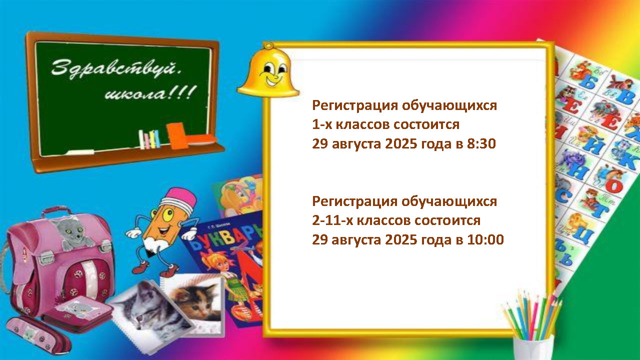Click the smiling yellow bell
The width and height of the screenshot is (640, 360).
point(268,71)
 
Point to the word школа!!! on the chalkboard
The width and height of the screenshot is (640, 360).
point(150,93)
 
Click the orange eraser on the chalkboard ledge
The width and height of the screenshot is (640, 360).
point(175,135)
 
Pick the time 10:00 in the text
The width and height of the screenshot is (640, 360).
point(485,239)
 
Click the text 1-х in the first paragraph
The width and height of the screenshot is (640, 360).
point(322,125)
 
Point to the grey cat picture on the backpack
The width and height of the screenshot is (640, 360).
point(72,231)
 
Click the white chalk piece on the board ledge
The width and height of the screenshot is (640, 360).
point(80,152)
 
